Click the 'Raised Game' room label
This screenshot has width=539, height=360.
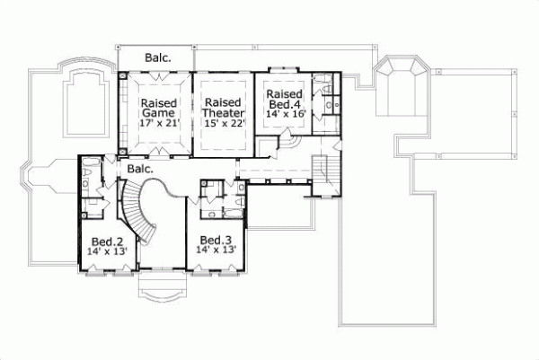click(157, 109)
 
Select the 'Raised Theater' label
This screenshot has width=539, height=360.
click(221, 109)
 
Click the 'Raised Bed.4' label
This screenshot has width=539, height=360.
click(284, 101)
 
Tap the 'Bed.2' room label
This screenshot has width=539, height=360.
click(106, 241)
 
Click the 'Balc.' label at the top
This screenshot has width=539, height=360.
click(156, 56)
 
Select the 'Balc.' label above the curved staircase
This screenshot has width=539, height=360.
click(139, 168)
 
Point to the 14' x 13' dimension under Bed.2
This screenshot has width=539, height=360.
click(106, 251)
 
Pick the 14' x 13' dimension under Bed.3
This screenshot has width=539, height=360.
click(216, 250)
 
